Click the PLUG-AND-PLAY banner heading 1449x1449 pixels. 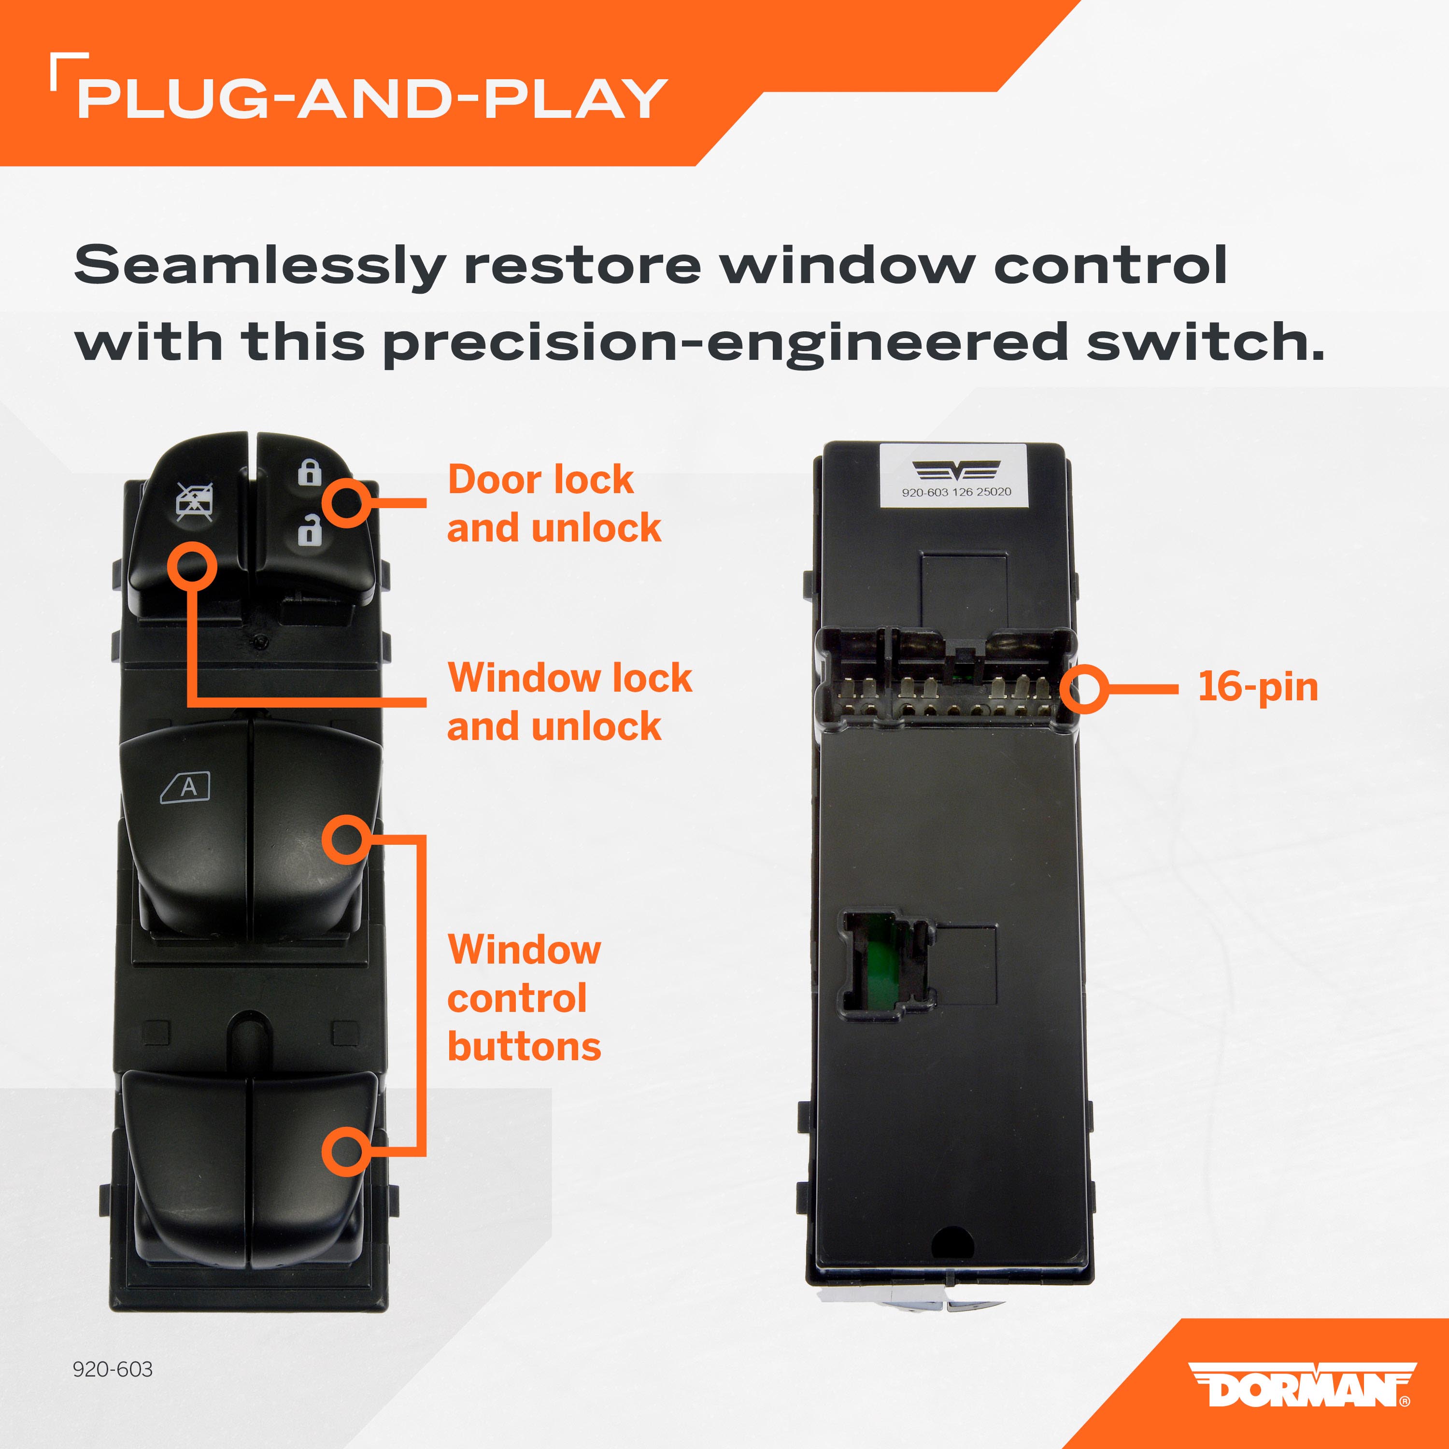pyautogui.click(x=372, y=98)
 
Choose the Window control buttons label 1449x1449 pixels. pyautogui.click(x=524, y=997)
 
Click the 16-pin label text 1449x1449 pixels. pyautogui.click(x=1258, y=687)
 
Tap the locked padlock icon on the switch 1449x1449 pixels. pyautogui.click(x=309, y=472)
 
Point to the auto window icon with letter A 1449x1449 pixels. pyautogui.click(x=185, y=787)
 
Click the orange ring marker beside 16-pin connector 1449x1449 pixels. pyautogui.click(x=1084, y=688)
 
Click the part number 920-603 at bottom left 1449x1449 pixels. pyautogui.click(x=113, y=1369)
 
